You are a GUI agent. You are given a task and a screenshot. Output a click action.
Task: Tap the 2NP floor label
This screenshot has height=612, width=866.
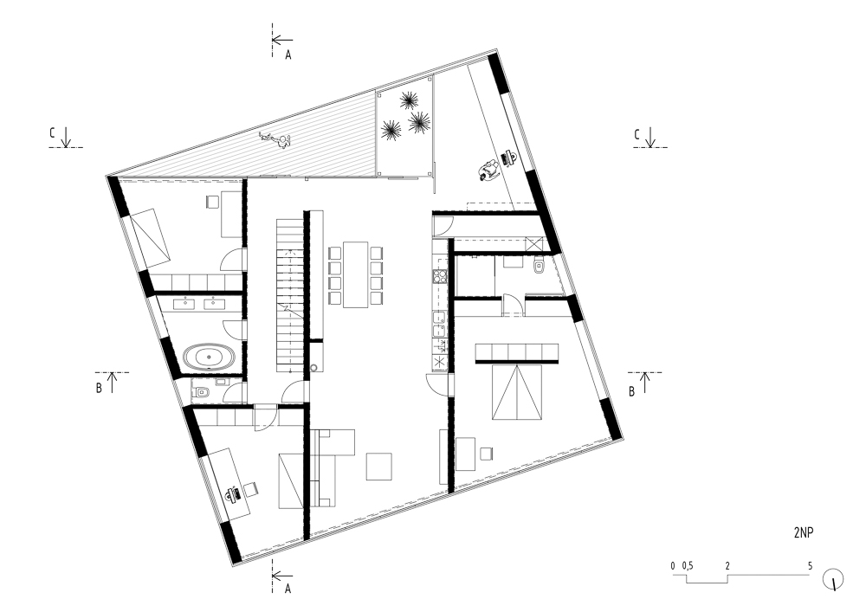click(804, 532)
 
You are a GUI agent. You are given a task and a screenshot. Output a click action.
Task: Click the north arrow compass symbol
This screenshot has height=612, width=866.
click(833, 579)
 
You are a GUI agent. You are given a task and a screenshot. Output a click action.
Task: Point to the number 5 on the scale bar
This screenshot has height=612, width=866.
click(811, 565)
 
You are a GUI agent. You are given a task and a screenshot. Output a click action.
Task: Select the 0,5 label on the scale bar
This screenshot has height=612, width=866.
click(687, 565)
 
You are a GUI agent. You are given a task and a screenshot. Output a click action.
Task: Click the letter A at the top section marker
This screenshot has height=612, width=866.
click(288, 55)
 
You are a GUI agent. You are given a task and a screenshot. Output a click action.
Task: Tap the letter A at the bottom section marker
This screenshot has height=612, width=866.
click(288, 589)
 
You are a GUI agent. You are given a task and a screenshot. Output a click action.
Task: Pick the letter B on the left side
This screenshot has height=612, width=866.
click(99, 388)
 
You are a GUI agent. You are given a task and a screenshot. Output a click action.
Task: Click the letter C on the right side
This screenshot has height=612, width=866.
click(637, 134)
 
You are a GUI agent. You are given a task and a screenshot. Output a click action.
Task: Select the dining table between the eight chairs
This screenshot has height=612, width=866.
click(356, 274)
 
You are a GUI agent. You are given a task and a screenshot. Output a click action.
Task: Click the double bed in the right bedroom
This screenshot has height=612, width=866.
click(517, 392)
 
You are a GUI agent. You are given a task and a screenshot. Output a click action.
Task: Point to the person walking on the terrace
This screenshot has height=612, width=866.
click(276, 140)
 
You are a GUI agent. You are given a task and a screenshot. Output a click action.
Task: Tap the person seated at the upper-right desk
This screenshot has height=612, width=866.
click(489, 170)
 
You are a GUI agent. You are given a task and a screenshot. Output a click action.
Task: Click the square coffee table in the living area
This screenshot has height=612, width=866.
click(379, 467)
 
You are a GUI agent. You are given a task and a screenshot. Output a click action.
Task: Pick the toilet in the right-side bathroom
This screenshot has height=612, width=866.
click(539, 267)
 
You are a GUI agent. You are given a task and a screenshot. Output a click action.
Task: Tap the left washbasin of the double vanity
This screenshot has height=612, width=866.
click(183, 303)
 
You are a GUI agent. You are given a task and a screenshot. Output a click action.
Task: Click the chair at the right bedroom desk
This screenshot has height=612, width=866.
click(486, 454)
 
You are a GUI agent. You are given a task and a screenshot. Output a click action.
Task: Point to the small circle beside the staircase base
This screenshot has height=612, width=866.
click(313, 368)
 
